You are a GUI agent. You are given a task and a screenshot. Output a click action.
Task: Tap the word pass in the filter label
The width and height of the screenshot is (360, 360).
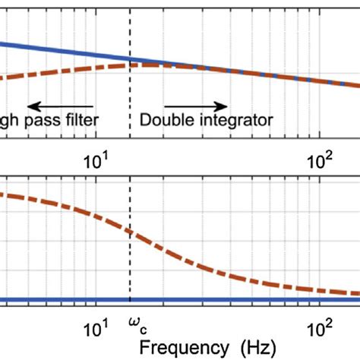[x=46, y=119]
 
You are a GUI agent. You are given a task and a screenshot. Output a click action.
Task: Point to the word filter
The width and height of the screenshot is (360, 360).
[x=85, y=119]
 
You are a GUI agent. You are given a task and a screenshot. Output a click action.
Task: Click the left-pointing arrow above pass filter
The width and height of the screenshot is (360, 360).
[x=61, y=106]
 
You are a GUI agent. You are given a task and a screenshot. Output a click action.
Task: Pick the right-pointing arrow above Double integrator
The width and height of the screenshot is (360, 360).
[x=194, y=106]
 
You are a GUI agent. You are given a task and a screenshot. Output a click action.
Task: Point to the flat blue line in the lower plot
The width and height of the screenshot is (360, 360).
[x=228, y=298]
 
